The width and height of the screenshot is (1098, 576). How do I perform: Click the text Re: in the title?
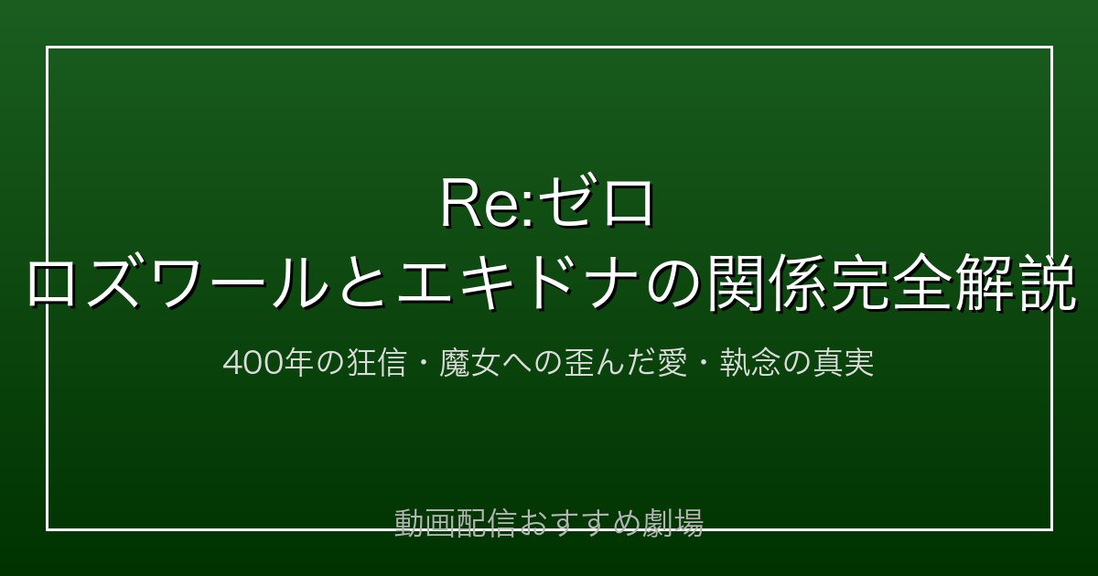click(489, 203)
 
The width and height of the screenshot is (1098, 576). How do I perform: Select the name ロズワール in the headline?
click(178, 282)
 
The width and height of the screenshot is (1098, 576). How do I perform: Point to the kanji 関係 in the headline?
click(765, 282)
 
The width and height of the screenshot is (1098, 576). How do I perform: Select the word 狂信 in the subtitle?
click(377, 363)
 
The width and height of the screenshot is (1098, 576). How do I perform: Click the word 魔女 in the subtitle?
click(469, 363)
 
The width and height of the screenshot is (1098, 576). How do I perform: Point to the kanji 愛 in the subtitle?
click(672, 363)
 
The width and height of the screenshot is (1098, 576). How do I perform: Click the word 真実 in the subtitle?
click(844, 363)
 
